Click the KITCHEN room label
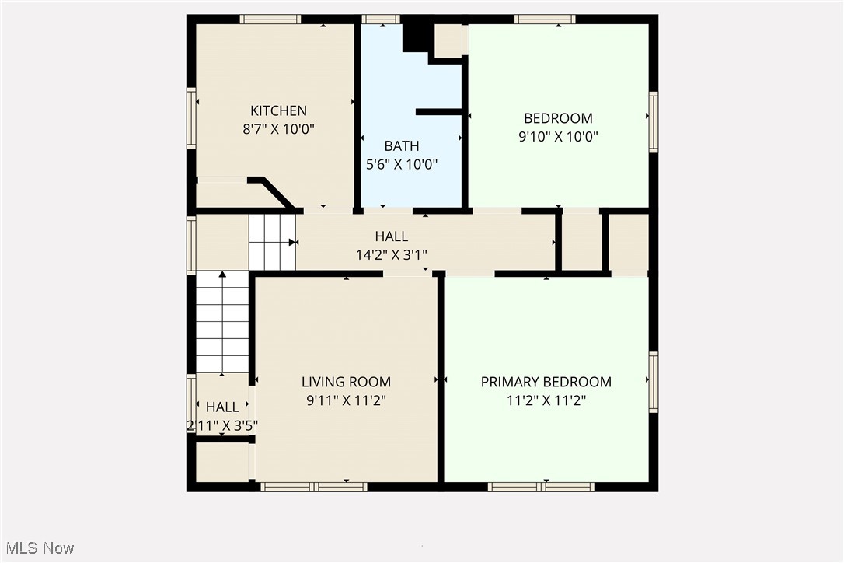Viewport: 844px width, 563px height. pos(278,110)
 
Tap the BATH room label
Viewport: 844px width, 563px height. pos(402,145)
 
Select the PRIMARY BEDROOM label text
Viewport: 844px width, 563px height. pos(546,382)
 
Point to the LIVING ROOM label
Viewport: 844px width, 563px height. pos(346,382)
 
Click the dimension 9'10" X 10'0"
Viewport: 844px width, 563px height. pos(558,136)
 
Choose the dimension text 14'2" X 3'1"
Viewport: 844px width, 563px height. pos(391,254)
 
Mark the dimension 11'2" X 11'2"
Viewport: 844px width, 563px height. pos(546,400)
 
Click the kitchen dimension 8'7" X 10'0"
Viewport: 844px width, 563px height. pos(278,129)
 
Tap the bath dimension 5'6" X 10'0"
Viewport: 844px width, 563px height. pos(402,164)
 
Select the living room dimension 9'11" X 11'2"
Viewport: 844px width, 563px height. pos(346,400)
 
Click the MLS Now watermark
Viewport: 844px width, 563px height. pos(37,548)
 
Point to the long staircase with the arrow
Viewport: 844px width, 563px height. pos(222,322)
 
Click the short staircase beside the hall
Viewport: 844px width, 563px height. pos(272,242)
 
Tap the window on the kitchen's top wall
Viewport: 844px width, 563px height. pos(270,19)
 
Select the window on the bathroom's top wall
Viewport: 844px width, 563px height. pos(381,19)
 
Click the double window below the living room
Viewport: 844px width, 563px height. pos(313,487)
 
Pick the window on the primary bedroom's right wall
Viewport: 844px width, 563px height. pos(654,382)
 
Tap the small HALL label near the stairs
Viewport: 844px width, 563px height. pos(222,407)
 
